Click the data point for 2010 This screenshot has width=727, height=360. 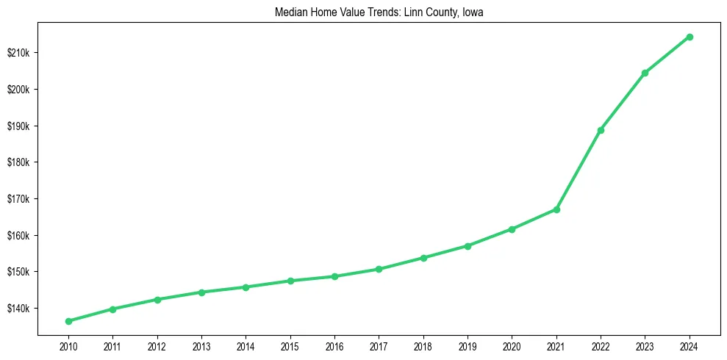point(68,321)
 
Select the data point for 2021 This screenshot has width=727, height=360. point(556,209)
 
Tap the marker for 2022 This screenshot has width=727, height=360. point(601,130)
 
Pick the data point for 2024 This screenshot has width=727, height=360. point(690,37)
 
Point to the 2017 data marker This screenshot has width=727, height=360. point(379,269)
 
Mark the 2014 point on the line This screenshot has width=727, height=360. point(246,287)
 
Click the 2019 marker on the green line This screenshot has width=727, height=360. point(468,245)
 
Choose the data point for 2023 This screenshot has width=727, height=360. point(645,73)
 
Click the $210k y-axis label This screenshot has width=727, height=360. point(19,53)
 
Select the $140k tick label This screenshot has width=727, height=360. point(19,309)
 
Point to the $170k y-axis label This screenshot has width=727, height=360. point(19,199)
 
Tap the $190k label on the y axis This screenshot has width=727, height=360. point(19,126)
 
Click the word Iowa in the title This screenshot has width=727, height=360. point(473,12)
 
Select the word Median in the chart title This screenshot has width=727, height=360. point(290,12)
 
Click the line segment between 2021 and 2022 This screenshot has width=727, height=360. point(579,170)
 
